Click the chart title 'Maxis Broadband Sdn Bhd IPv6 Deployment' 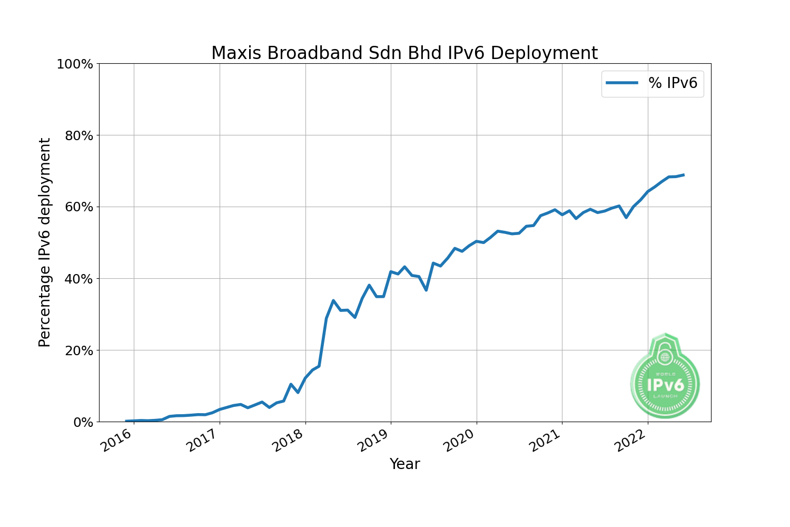pos(404,53)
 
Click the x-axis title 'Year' pos(404,464)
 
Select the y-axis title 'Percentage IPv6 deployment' pos(45,242)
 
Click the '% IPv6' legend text pos(673,83)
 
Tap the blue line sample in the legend pos(622,83)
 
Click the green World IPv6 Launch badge pos(665,376)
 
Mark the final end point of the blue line pos(683,175)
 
